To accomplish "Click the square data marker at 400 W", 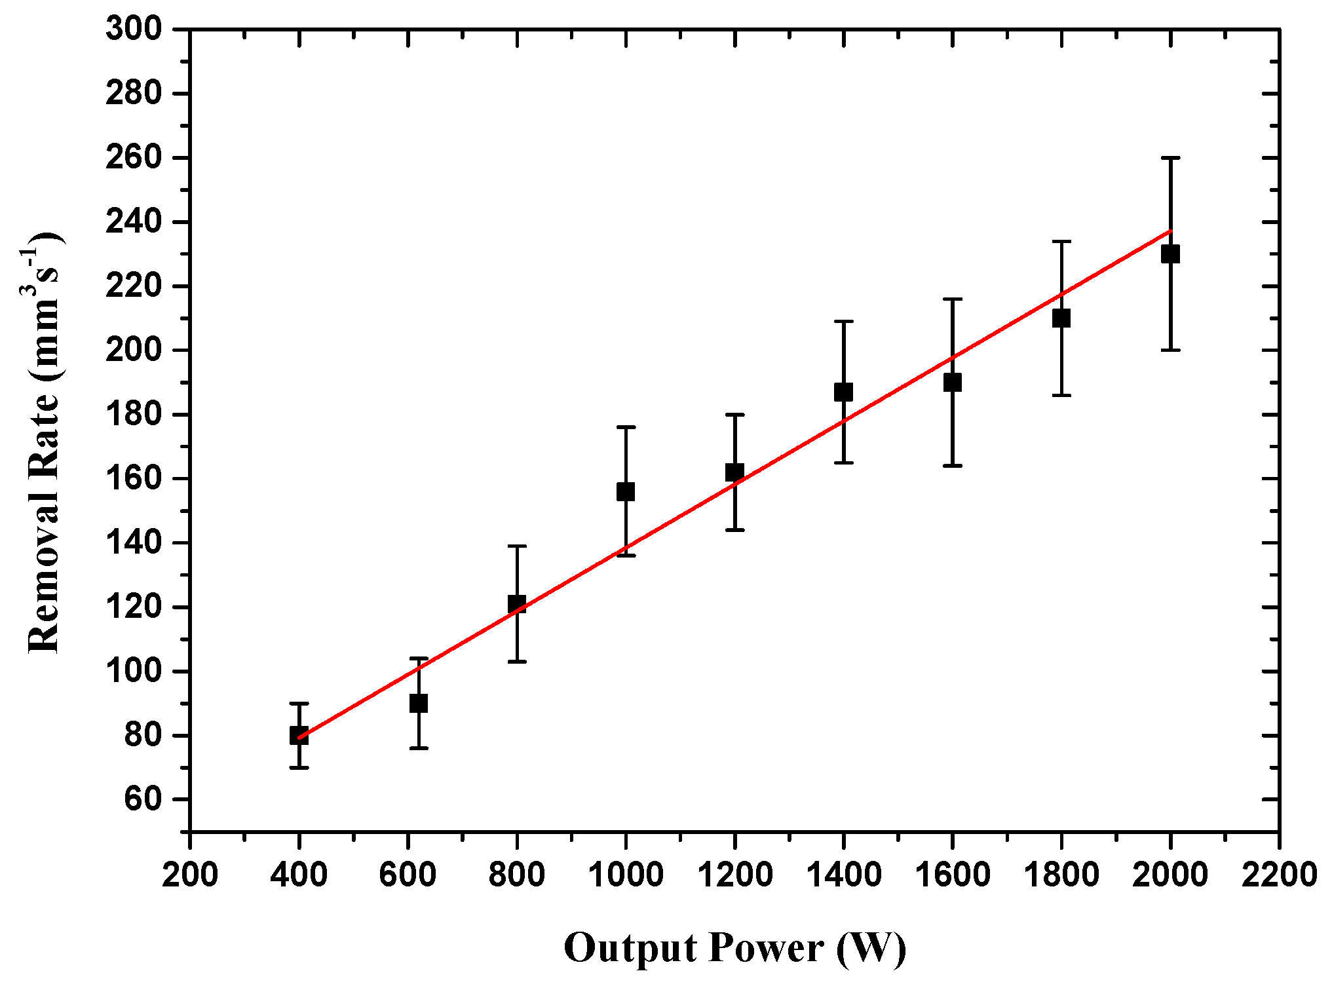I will click(x=299, y=736).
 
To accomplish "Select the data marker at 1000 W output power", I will click(x=626, y=491).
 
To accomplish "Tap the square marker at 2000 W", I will click(x=1170, y=254).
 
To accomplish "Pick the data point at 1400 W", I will click(x=843, y=392).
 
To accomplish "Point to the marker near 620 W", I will click(x=419, y=704).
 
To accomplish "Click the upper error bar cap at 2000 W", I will click(x=1170, y=158).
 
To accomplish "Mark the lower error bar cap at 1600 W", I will click(x=952, y=466).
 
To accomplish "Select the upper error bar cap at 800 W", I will click(x=517, y=546).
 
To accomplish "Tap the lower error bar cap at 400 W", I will click(x=299, y=767).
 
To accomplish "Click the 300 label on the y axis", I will click(x=134, y=29).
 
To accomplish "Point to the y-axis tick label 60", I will click(x=143, y=799).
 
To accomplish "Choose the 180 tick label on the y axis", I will click(x=134, y=415).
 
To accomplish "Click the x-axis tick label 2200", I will click(x=1278, y=874).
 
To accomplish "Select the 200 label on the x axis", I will click(x=190, y=874).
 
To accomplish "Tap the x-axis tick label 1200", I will click(x=734, y=874).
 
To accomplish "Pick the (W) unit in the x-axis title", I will click(x=871, y=948).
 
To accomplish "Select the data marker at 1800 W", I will click(x=1061, y=318).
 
